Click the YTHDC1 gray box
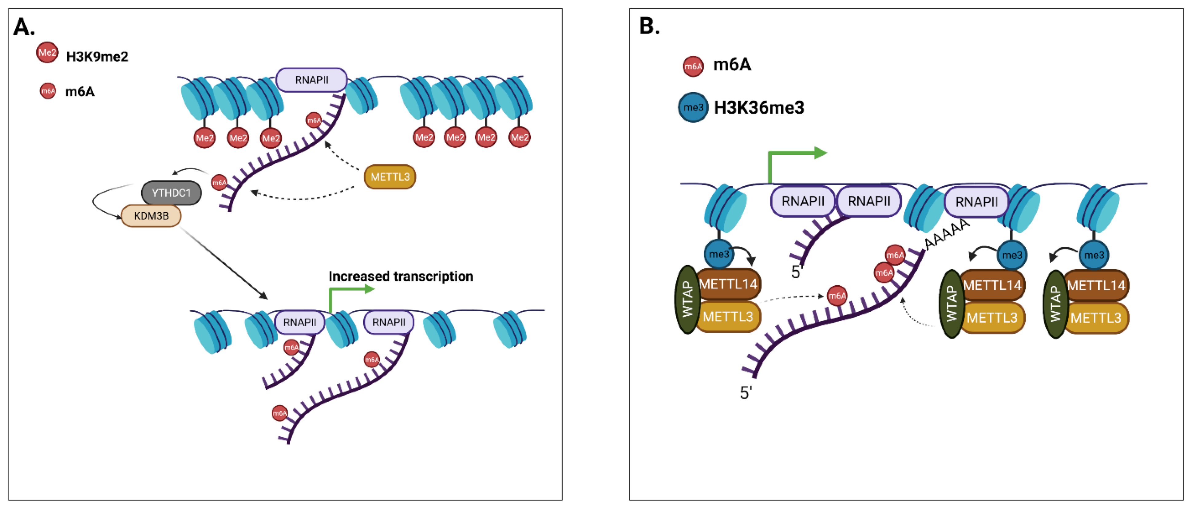[x=171, y=193]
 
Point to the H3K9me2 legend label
[x=97, y=57]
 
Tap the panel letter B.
[x=649, y=26]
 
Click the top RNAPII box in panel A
[x=311, y=80]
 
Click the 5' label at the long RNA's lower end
[x=745, y=393]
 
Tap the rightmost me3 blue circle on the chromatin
[x=1094, y=255]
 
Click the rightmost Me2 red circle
[x=519, y=137]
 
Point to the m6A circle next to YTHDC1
[x=219, y=182]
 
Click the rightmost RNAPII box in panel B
[x=976, y=202]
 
